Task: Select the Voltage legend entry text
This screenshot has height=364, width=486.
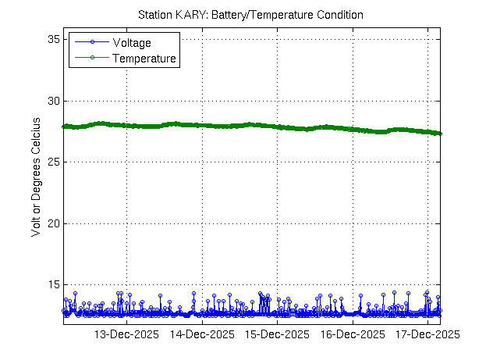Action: (x=133, y=43)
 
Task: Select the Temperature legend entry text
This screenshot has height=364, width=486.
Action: (x=144, y=59)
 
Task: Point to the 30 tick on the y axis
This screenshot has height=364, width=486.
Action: (x=53, y=101)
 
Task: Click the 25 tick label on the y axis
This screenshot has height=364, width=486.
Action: (x=53, y=162)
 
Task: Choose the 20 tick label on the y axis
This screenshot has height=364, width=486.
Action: (x=53, y=223)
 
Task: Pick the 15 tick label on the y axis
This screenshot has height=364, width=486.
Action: (x=53, y=284)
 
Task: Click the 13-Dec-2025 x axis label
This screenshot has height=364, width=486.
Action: (x=126, y=335)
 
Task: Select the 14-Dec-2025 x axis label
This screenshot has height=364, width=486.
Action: (x=201, y=335)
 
